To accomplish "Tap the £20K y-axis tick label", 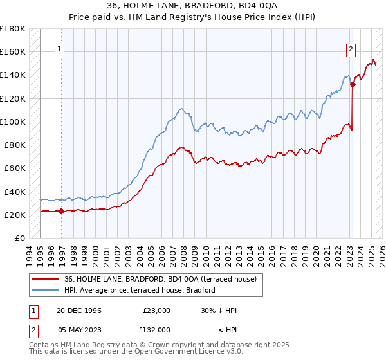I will tap(15, 215).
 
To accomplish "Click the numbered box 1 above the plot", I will tap(59, 48).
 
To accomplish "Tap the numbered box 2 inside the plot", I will tap(351, 48).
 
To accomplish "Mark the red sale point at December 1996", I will tap(62, 211).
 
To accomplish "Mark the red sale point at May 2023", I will tap(353, 84).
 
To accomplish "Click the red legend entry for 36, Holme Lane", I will tap(161, 279).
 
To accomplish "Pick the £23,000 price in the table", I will tap(156, 310).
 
